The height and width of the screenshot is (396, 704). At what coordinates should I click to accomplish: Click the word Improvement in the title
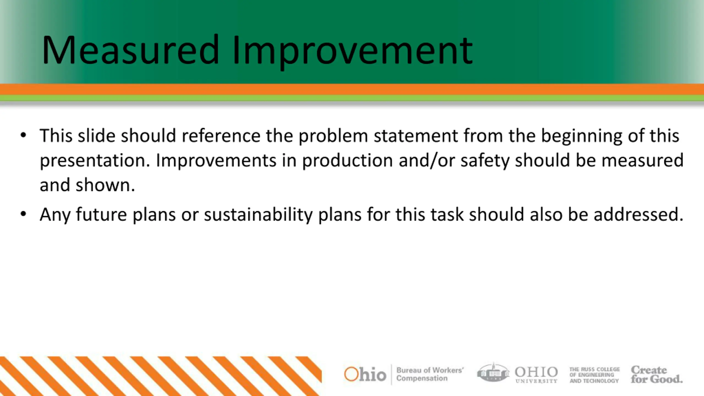tap(353, 52)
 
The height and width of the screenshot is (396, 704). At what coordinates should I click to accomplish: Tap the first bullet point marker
tap(23, 135)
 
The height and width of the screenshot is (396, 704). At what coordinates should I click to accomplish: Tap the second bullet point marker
tap(23, 214)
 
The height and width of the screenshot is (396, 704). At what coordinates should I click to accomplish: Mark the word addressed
tap(639, 214)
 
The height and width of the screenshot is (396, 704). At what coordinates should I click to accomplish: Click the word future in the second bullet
tap(101, 214)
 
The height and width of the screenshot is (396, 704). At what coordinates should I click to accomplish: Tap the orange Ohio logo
tap(365, 374)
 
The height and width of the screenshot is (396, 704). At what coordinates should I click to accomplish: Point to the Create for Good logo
tap(657, 374)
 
